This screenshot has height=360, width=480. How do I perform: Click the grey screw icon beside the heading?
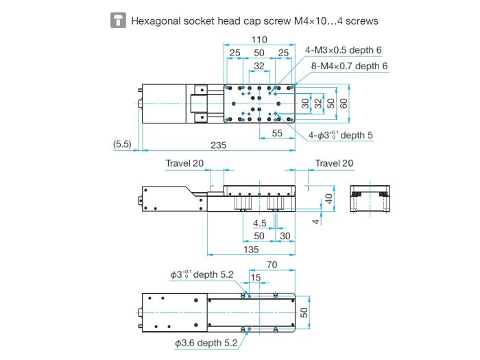coord(118,21)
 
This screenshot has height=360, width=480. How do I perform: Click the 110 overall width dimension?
coord(259,40)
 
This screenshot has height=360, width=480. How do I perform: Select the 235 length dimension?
coord(218,145)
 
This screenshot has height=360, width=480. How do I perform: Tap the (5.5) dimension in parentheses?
coord(122,144)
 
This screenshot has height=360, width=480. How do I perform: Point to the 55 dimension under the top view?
coord(277,133)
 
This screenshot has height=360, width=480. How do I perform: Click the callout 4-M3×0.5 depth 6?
coord(343,50)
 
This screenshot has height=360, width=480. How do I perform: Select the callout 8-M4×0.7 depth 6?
coord(349,66)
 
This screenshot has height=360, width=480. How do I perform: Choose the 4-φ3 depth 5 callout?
coord(340,135)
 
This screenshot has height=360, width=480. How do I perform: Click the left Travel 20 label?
coord(184,163)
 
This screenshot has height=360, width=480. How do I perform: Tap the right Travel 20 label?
coord(334,163)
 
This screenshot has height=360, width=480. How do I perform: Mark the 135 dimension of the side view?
coord(251,250)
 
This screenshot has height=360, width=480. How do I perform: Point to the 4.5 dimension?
coord(259,223)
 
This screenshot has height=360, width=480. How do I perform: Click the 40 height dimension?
coord(328,199)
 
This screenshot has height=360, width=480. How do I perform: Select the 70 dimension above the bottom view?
coord(272,265)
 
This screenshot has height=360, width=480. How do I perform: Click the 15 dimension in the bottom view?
coord(256,278)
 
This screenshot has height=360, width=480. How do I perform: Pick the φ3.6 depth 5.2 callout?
coord(206,343)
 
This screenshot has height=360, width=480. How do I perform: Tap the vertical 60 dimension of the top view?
coord(344,104)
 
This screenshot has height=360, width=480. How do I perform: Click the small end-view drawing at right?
coord(370,198)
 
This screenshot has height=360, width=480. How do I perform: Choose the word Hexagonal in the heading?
coord(156,21)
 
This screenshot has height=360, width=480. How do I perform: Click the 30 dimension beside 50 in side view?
coord(285,236)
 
